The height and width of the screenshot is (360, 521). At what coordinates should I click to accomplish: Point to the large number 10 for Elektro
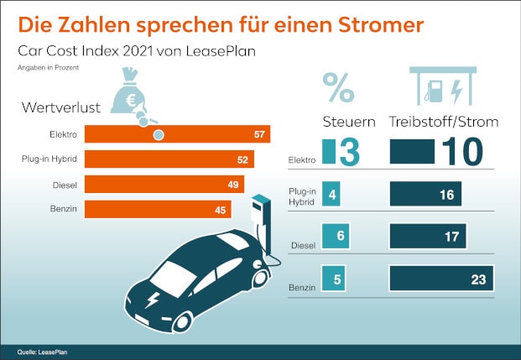(460, 151)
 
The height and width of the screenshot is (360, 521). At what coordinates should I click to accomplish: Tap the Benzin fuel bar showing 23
(440, 279)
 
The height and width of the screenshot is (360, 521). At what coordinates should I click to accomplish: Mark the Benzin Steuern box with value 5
(336, 279)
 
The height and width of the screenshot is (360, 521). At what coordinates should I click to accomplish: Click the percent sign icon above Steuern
(337, 85)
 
